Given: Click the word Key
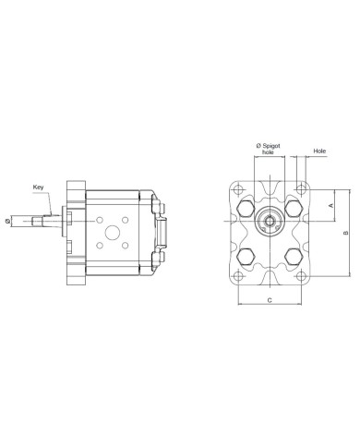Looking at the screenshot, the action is [38, 187].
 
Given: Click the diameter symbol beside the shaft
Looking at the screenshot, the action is [7, 221].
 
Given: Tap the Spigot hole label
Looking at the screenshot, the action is [268, 149].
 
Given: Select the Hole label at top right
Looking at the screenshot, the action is [319, 151].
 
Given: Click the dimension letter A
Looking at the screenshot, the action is [331, 205].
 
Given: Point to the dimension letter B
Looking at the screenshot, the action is [346, 233].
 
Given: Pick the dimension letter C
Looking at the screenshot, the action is [270, 300].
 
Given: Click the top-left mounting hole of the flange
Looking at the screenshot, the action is [238, 189].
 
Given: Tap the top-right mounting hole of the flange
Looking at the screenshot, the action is [301, 189].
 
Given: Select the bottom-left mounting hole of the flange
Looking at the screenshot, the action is [238, 275].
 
